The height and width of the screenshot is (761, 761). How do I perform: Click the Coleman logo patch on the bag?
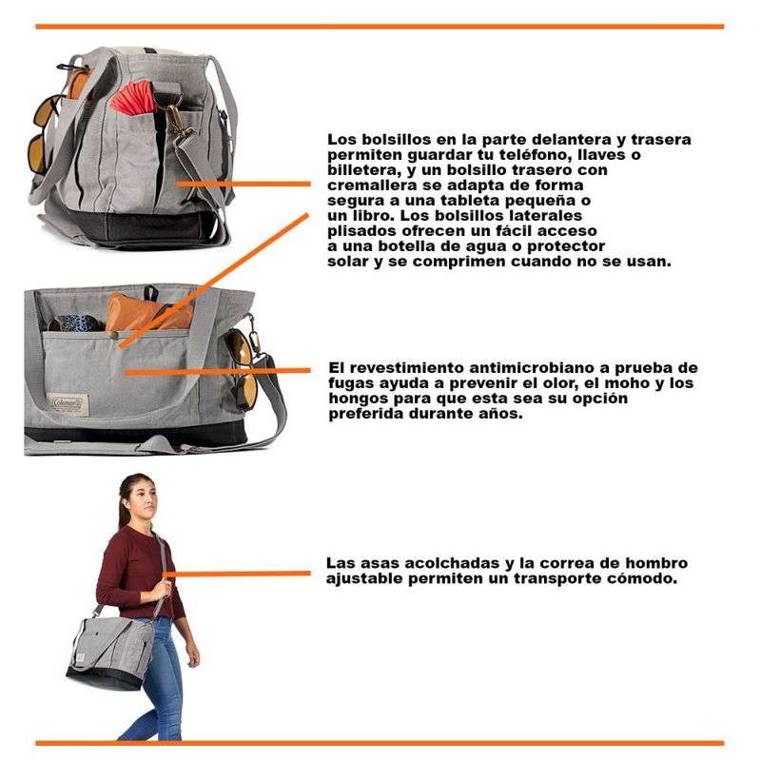click(x=70, y=404)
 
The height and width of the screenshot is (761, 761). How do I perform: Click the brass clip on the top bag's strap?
click(x=180, y=125)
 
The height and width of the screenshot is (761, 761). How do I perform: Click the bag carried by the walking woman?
click(x=111, y=653)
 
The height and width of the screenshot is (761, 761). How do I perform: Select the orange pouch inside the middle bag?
click(x=148, y=313)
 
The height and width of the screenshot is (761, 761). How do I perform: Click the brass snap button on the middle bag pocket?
click(x=113, y=336)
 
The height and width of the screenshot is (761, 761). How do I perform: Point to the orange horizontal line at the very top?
click(x=380, y=27)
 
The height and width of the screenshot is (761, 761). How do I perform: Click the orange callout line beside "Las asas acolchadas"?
click(x=237, y=574)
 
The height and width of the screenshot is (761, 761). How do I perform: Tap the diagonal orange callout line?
click(x=213, y=281)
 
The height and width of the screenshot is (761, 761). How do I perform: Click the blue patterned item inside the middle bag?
click(x=76, y=322)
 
